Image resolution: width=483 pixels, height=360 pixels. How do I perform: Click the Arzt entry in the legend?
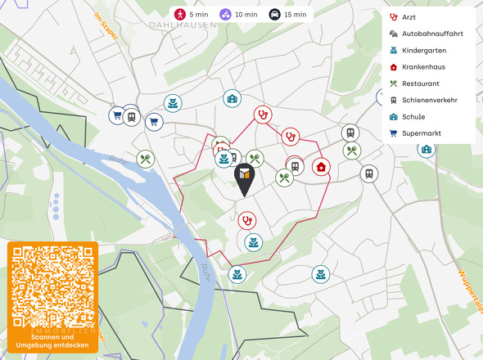tap(409, 17)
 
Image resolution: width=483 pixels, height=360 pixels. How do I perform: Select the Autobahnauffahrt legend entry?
tap(426, 34)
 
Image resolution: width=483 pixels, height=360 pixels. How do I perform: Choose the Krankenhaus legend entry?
tap(423, 66)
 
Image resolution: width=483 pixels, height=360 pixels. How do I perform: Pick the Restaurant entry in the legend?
tap(420, 83)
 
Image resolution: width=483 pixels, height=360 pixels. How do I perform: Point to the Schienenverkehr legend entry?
tap(429, 100)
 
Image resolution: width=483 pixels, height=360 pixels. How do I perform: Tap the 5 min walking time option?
tap(192, 14)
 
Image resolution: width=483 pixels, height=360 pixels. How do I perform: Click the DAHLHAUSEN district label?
tap(183, 25)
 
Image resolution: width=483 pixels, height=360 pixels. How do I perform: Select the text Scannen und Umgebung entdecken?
tap(52, 340)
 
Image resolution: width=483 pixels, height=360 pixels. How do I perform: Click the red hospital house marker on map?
tap(322, 166)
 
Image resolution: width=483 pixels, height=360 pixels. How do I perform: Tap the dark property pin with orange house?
tap(245, 177)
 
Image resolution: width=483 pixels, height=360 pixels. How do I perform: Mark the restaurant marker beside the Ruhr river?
tap(146, 159)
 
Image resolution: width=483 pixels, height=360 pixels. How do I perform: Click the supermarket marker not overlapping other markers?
tap(153, 122)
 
